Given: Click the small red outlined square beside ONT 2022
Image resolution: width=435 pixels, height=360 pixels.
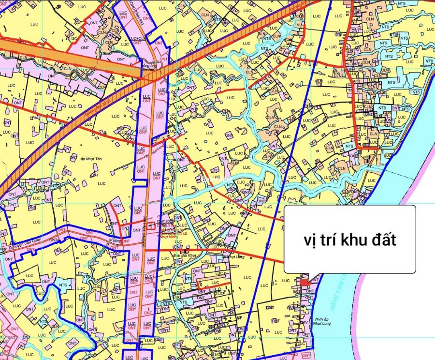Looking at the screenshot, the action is click(152, 225).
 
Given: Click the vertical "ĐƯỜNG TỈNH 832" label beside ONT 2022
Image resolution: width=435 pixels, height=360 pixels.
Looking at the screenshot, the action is click(145, 231).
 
